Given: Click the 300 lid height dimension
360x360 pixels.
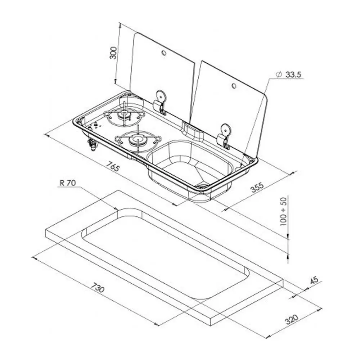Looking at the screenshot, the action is [113, 53].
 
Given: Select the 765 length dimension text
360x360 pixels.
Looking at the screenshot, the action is [113, 166].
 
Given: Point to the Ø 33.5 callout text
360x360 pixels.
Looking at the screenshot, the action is [289, 75].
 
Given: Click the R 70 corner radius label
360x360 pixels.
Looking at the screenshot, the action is [68, 183].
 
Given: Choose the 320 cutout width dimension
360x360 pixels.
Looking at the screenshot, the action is [292, 319].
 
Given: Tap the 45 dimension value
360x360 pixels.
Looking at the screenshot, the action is [314, 280].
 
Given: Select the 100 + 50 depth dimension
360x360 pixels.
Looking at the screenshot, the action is [284, 211].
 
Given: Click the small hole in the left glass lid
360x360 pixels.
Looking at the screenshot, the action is [164, 53].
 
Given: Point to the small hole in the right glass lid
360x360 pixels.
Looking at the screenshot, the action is [234, 86].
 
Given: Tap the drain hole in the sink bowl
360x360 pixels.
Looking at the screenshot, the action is [202, 186].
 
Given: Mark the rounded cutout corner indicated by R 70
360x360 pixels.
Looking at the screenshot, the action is [124, 210].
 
